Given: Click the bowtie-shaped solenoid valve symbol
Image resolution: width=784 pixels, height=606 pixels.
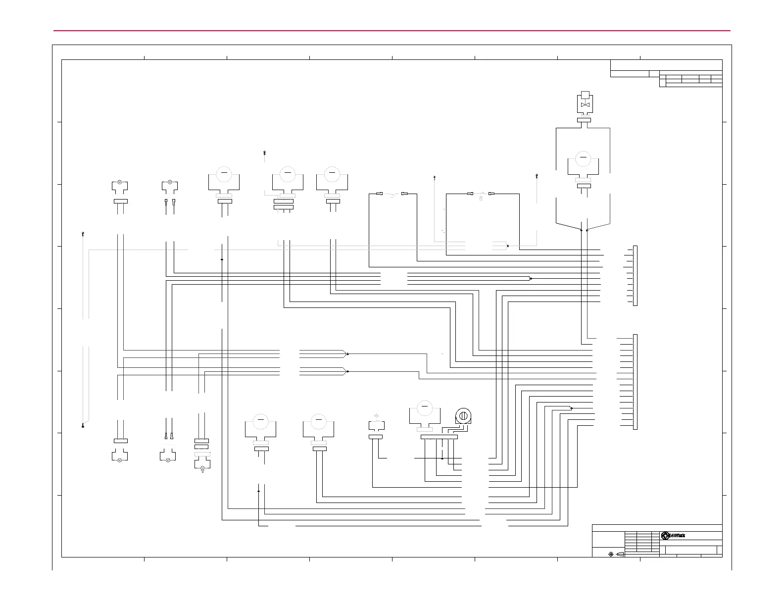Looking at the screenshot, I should tap(585, 105).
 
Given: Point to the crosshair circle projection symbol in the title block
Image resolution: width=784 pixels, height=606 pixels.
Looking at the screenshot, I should tap(611, 554).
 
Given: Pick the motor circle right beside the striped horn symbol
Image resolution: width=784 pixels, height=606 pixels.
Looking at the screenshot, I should tap(424, 408).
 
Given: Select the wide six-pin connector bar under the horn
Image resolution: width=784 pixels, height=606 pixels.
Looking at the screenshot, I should tap(439, 437).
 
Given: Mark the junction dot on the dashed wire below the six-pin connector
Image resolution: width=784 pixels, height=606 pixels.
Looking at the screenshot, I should tap(442, 458).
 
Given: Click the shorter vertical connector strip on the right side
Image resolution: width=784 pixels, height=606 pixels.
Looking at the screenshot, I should tap(636, 275).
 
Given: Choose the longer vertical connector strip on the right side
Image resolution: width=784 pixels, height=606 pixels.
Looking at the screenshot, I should tap(636, 382).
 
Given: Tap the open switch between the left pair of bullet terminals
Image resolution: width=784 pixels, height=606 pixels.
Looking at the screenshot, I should tap(391, 194).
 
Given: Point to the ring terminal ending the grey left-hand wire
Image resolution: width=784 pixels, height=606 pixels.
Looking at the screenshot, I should tap(83, 426).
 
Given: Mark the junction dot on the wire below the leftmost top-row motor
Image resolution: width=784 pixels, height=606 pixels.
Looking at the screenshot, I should tap(222, 259).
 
